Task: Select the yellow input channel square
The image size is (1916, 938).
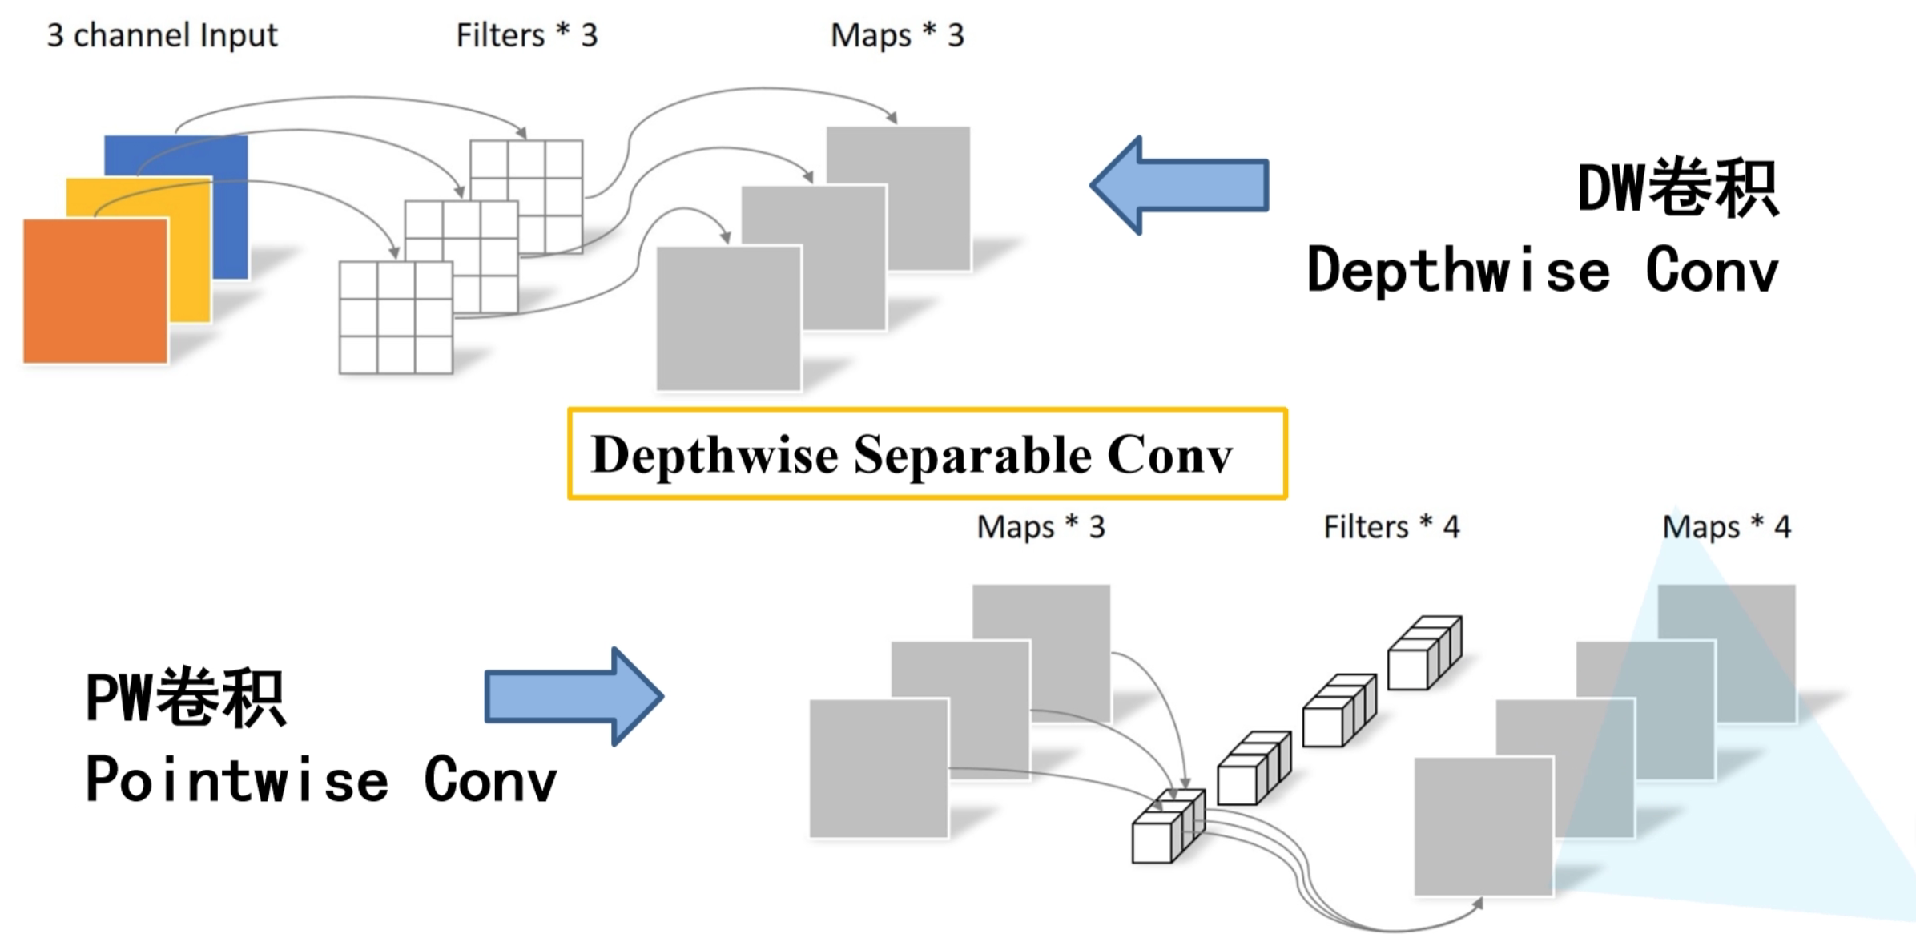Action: tap(192, 256)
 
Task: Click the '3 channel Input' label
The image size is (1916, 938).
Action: tap(162, 35)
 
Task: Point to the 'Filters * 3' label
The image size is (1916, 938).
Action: tap(526, 35)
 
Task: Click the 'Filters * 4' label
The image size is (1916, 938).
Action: tap(1391, 527)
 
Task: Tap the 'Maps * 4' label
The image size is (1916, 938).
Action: tap(1726, 527)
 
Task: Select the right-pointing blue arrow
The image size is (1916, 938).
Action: tap(574, 696)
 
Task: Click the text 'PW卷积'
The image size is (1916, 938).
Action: tap(185, 698)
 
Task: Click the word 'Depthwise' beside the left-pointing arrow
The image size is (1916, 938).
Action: tap(1458, 270)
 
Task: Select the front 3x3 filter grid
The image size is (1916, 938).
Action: tap(396, 317)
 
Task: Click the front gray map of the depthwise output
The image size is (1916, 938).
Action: tap(727, 318)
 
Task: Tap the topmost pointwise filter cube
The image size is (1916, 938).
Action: tap(1423, 653)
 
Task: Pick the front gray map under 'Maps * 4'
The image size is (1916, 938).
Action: tap(1483, 827)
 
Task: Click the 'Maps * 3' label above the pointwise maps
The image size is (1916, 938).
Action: tap(1040, 527)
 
